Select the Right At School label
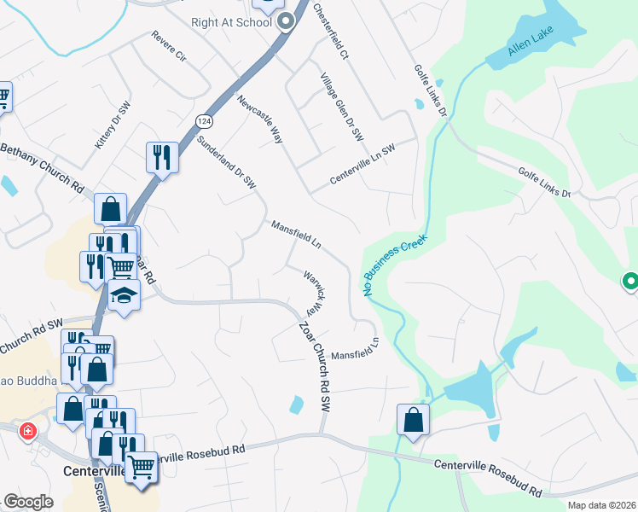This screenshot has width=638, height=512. point(231,23)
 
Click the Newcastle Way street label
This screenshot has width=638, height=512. point(261,119)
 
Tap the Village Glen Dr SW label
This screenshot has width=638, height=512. point(342,107)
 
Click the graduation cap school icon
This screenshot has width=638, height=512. point(125,296)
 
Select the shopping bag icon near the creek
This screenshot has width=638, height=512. point(413,419)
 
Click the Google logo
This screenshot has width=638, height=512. point(27,502)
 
